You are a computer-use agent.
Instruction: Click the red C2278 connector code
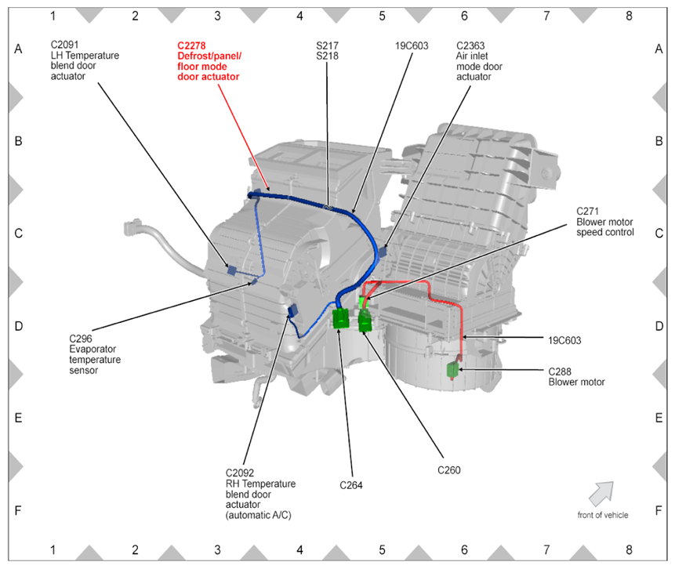click(x=193, y=45)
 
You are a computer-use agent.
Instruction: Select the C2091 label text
click(x=65, y=45)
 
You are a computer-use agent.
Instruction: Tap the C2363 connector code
click(x=471, y=45)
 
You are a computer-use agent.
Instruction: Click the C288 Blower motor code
click(x=562, y=371)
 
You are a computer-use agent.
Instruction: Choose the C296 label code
click(x=81, y=339)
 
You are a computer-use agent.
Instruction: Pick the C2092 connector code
click(x=241, y=473)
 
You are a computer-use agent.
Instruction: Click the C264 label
click(x=351, y=485)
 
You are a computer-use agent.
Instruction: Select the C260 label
click(x=448, y=470)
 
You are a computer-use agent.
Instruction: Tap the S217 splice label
click(x=325, y=45)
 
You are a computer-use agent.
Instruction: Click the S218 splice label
click(x=325, y=56)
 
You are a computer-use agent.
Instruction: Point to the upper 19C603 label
click(x=412, y=45)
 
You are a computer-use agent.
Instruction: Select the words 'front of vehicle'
click(x=602, y=515)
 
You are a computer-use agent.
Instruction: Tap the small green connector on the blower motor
click(x=452, y=370)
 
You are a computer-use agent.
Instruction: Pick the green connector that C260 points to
click(x=365, y=321)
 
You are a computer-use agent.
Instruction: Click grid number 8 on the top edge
click(x=629, y=15)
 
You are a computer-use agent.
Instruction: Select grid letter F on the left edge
click(x=18, y=509)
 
